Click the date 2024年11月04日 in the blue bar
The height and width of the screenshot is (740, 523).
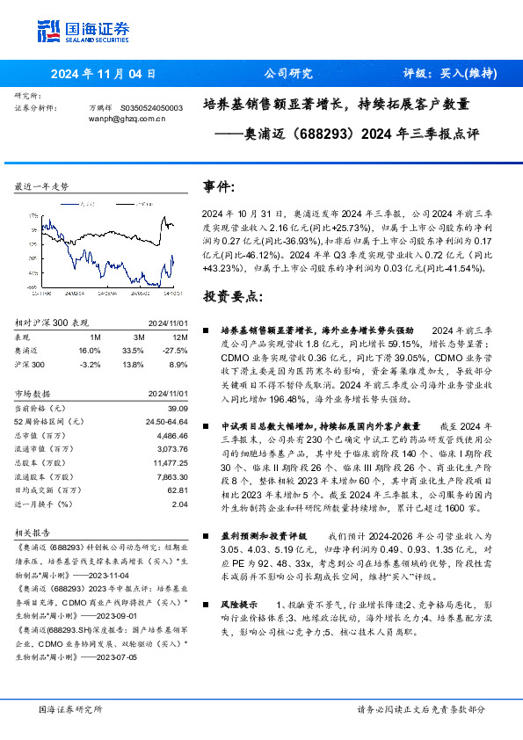(x=104, y=74)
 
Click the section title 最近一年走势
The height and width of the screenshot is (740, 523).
(x=42, y=187)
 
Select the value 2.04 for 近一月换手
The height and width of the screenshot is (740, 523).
(x=179, y=504)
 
